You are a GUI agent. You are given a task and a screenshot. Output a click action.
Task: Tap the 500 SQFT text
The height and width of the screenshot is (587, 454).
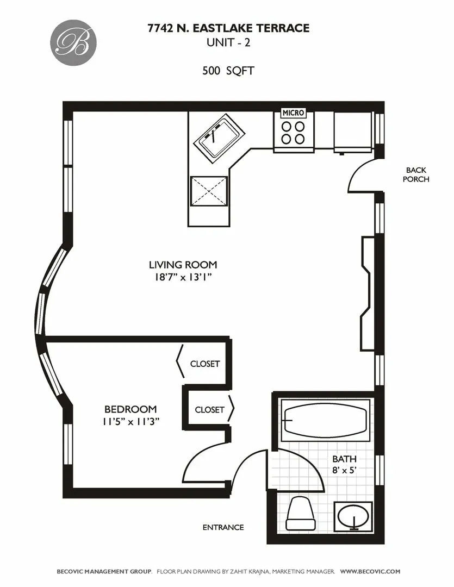point(228,71)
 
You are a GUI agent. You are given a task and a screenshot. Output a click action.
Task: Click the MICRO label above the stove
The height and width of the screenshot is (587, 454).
point(293,113)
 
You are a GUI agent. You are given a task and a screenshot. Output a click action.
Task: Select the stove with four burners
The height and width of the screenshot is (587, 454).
point(293,133)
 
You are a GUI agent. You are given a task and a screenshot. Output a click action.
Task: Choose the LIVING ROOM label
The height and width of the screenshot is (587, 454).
point(183,265)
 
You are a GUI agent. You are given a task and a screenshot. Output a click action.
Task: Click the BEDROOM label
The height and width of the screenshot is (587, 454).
point(130,409)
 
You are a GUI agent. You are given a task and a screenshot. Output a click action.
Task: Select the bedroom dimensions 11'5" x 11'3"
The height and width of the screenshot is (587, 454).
point(130,422)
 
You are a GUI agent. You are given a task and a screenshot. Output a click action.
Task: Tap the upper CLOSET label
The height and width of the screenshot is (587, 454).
point(205,364)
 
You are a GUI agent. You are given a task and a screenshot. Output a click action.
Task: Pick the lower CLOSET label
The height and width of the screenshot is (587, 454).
point(209,410)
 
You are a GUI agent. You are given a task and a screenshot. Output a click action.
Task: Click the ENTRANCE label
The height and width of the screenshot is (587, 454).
point(223,527)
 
